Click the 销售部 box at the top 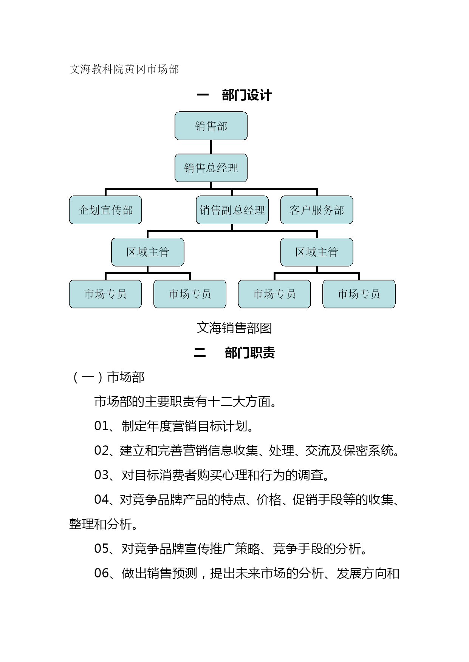coord(211,126)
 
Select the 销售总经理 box coord(211,168)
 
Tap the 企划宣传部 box coord(105,210)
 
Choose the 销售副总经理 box coord(232,210)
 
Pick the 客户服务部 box coord(317,210)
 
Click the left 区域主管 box coord(148,252)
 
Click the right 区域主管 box coord(317,252)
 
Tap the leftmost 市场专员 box coord(105,294)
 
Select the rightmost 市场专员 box coord(359,294)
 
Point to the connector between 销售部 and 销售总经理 coord(211,147)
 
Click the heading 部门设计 coord(247,95)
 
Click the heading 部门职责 coord(250,353)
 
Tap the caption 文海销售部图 coord(234,328)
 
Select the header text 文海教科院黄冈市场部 coord(124,69)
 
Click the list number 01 coord(101,426)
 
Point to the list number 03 coord(101,475)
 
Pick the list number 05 coord(101,549)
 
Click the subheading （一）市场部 coord(107,377)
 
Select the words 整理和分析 coord(101,524)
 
